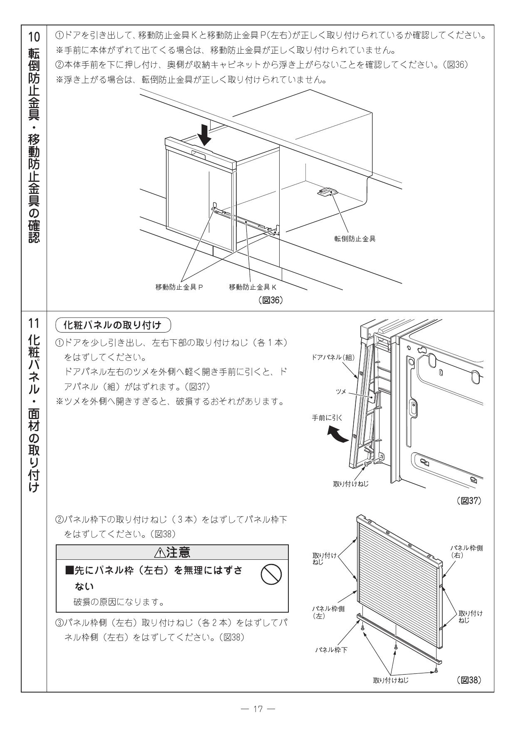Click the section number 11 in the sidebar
click(34, 323)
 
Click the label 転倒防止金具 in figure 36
click(355, 239)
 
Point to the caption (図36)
click(270, 300)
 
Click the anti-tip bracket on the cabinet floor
click(327, 192)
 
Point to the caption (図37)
click(469, 501)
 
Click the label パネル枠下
click(331, 650)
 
